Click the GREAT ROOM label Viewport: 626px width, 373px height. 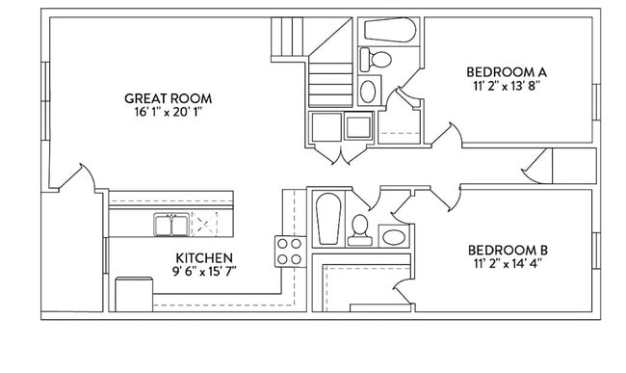click(169, 98)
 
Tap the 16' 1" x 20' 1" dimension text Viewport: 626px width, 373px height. click(169, 113)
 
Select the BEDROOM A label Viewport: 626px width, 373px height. click(507, 71)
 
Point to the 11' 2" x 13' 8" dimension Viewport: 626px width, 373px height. click(507, 86)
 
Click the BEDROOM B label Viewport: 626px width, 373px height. click(510, 250)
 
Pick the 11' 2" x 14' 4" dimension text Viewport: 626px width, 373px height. click(510, 263)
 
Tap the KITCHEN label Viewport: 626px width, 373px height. click(203, 257)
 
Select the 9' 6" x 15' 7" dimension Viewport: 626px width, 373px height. click(203, 271)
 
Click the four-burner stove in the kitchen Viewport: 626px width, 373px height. click(290, 252)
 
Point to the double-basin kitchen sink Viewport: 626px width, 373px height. click(171, 225)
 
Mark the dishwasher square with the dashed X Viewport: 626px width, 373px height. click(205, 226)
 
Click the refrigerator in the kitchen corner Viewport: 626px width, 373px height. click(129, 292)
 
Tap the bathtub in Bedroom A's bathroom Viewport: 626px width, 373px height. click(389, 29)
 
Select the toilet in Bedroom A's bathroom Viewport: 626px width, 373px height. click(378, 60)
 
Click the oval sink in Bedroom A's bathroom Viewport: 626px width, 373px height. click(369, 92)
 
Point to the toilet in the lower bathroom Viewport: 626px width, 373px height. click(360, 229)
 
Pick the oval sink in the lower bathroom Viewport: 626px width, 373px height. click(393, 235)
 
